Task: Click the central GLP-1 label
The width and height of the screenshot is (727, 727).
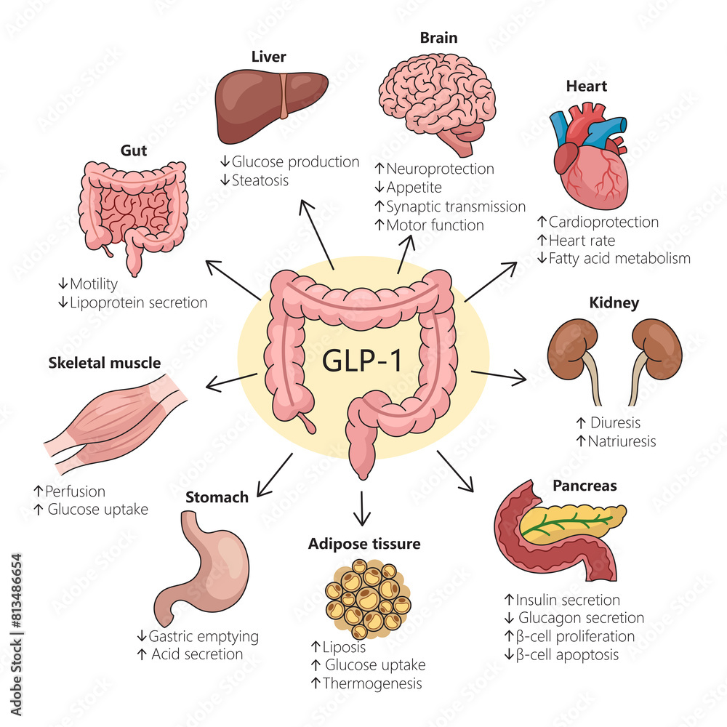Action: pyautogui.click(x=361, y=361)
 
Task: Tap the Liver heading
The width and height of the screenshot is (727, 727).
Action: pyautogui.click(x=268, y=56)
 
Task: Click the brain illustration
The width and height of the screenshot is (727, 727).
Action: pyautogui.click(x=435, y=95)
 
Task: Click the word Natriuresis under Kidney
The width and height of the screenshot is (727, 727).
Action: pyautogui.click(x=622, y=441)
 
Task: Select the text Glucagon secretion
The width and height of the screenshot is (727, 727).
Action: pyautogui.click(x=581, y=618)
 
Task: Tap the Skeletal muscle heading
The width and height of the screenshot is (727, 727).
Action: pyautogui.click(x=104, y=362)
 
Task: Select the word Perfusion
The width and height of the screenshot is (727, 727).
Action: pyautogui.click(x=75, y=491)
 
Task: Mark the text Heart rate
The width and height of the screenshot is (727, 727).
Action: pyautogui.click(x=582, y=240)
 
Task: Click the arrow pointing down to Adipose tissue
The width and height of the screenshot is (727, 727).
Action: pyautogui.click(x=361, y=508)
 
